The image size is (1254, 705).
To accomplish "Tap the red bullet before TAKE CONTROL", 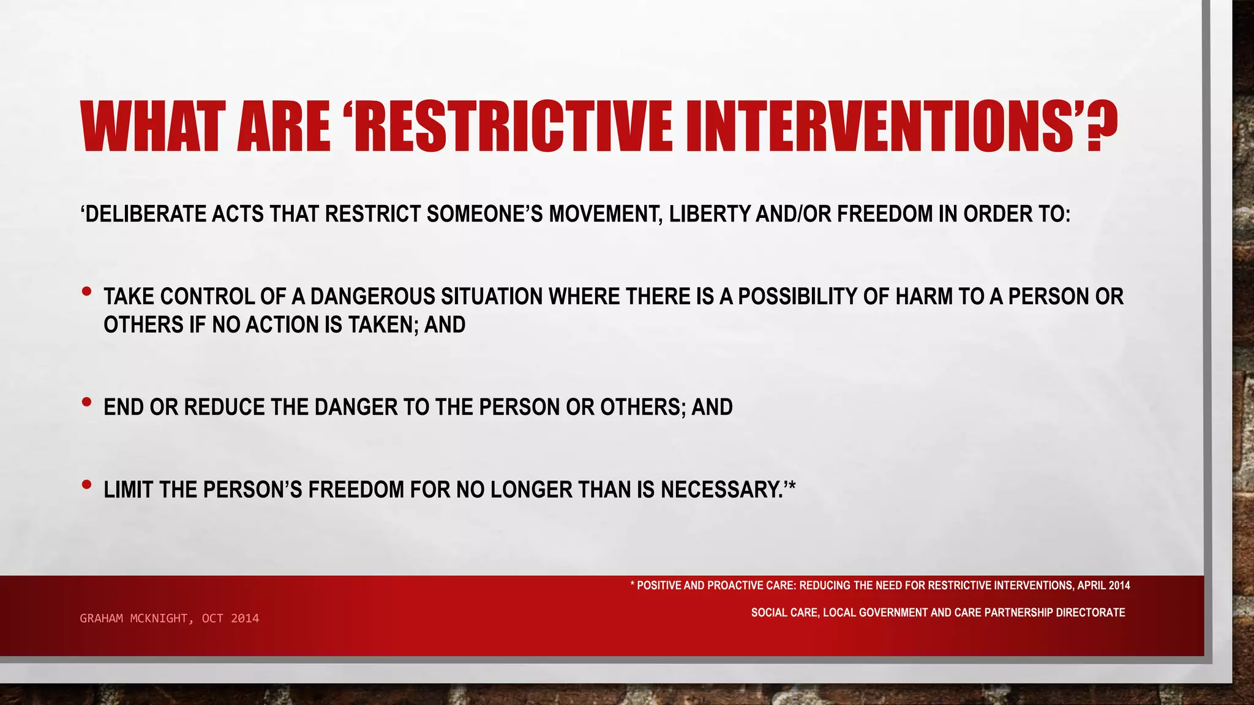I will [x=86, y=292].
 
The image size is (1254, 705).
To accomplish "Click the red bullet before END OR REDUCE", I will [x=86, y=402].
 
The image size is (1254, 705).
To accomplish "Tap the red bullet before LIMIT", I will [x=86, y=485].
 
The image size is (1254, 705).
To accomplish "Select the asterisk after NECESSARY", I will [x=791, y=487].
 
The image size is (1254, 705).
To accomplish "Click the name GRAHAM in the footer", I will [x=102, y=618].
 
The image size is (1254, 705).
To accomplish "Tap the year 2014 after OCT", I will [x=245, y=618].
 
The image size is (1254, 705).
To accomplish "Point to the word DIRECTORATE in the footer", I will [x=1089, y=613].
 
